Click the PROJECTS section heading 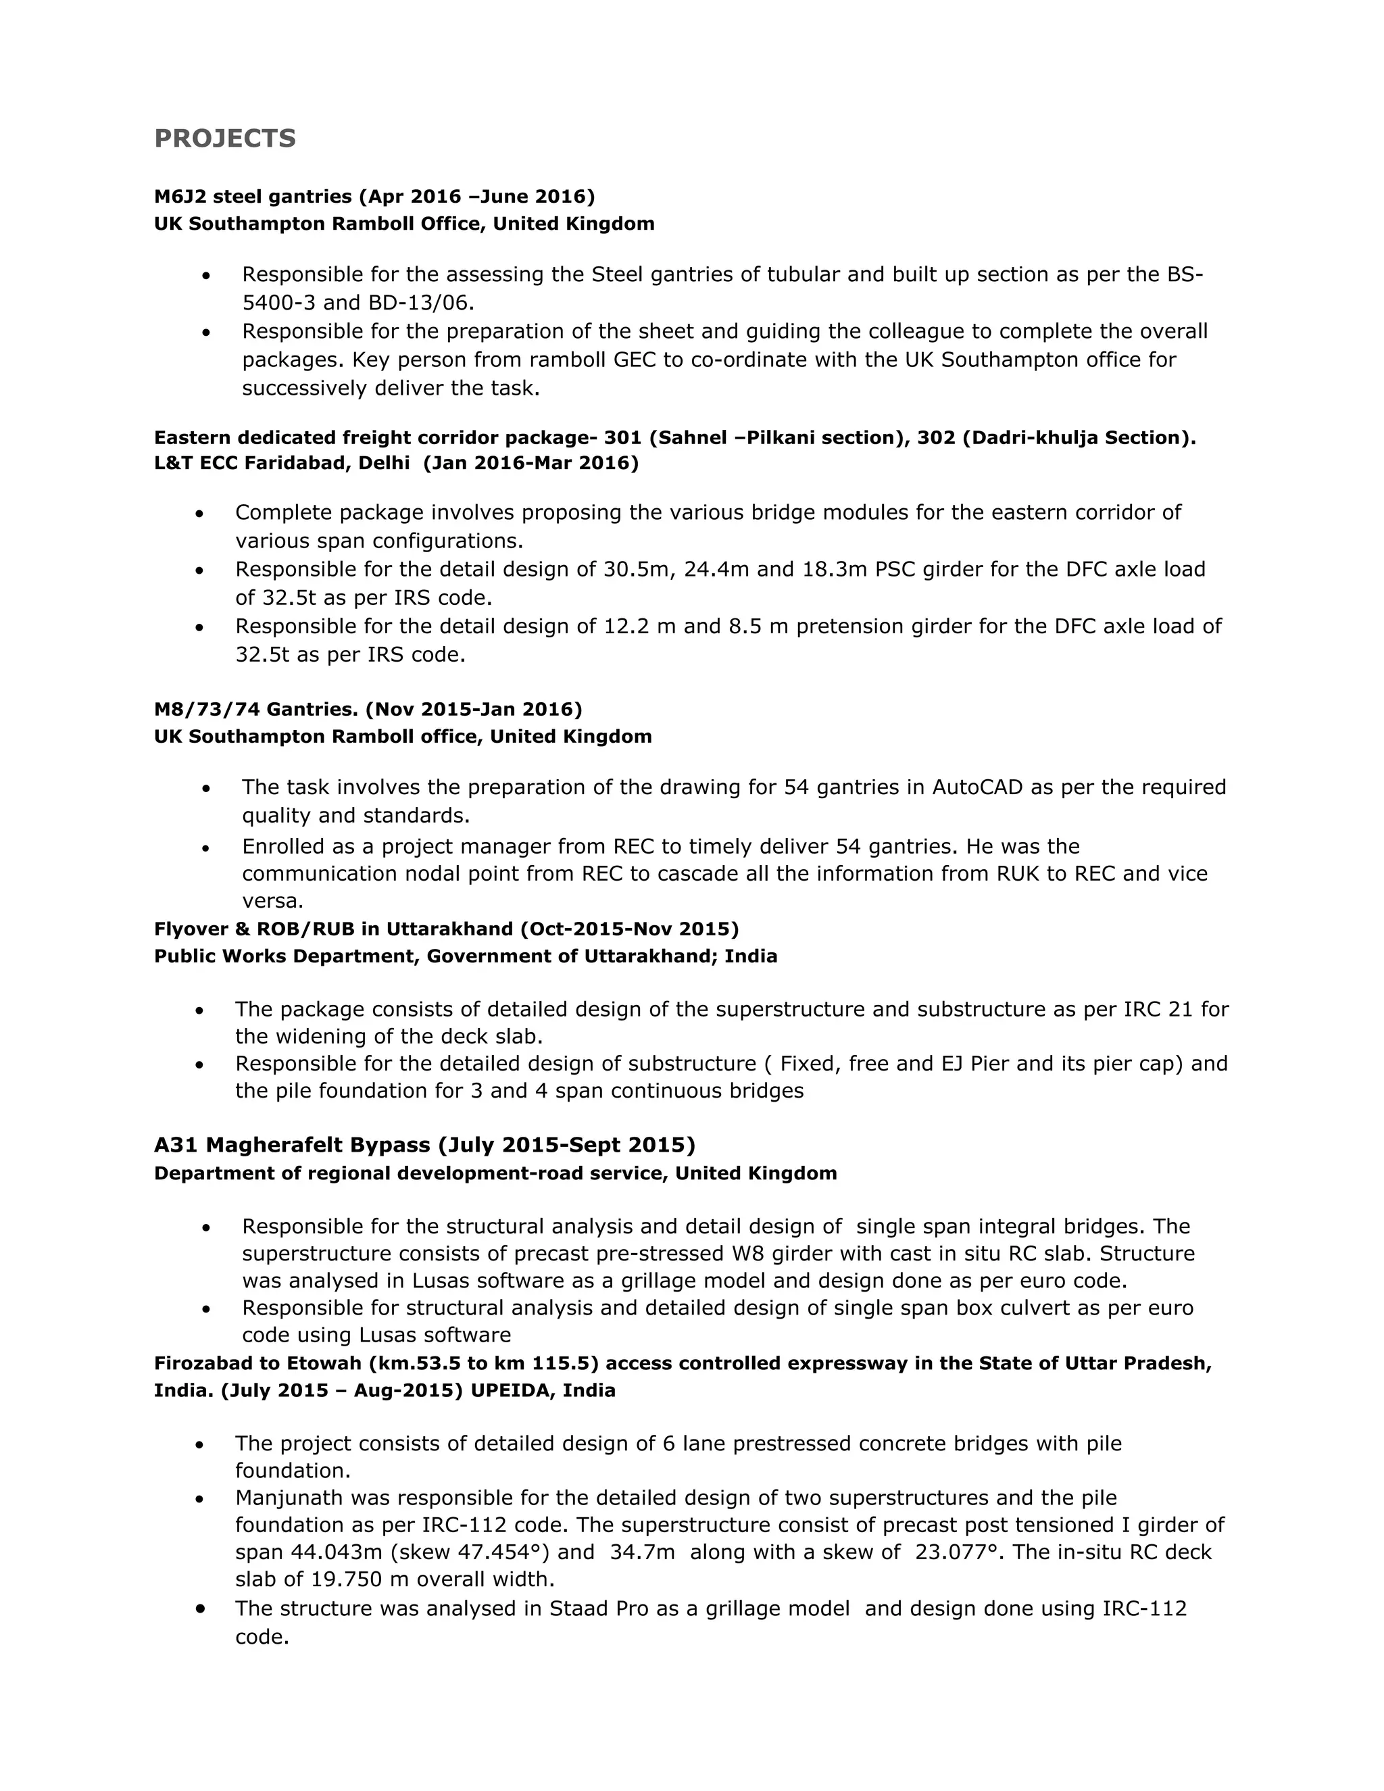pyautogui.click(x=224, y=139)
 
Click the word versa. pyautogui.click(x=272, y=900)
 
